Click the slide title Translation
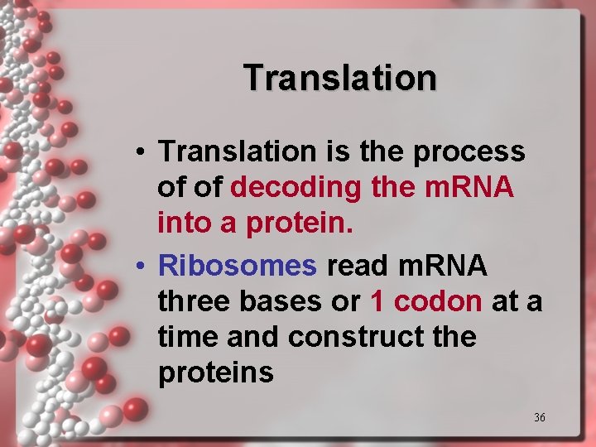pyautogui.click(x=340, y=78)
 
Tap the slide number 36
pyautogui.click(x=540, y=417)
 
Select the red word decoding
pyautogui.click(x=296, y=188)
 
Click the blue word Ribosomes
pyautogui.click(x=238, y=266)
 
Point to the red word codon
pyautogui.click(x=438, y=301)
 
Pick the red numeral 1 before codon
pyautogui.click(x=377, y=301)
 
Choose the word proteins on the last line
pyautogui.click(x=215, y=373)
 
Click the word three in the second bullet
pyautogui.click(x=196, y=301)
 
